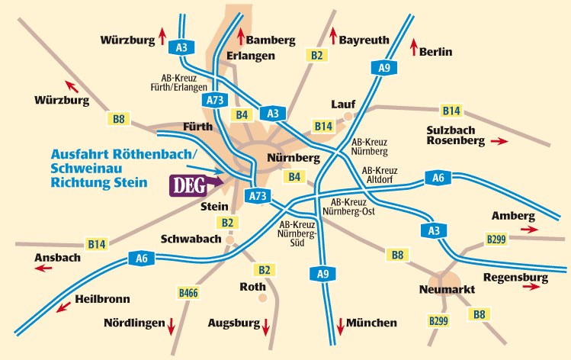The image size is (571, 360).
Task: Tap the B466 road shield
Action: tap(188, 292)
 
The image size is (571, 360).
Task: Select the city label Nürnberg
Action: tap(294, 158)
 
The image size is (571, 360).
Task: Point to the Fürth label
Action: tap(197, 127)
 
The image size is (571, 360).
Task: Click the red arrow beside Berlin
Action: tap(414, 47)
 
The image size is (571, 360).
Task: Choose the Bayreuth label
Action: tap(364, 40)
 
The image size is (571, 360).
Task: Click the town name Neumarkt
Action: tap(447, 290)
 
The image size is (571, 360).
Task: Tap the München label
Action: tap(372, 323)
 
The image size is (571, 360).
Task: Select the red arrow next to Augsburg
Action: tap(265, 328)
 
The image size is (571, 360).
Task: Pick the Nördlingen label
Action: tap(134, 323)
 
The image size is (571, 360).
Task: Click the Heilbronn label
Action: tap(103, 300)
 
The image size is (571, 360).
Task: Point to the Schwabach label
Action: tap(191, 239)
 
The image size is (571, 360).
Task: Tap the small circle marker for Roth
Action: tap(263, 297)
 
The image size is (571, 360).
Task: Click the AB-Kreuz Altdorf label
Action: tap(380, 175)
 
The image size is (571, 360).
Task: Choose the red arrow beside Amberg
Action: tap(529, 228)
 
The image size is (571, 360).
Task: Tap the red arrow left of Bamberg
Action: tap(241, 36)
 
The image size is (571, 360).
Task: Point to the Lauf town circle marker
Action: tap(348, 117)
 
